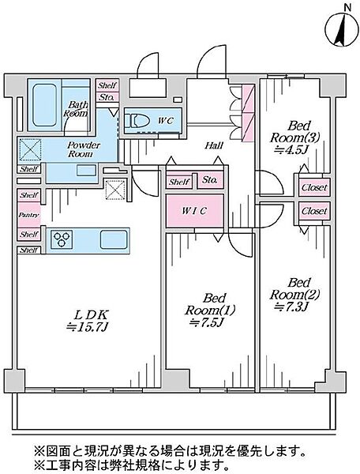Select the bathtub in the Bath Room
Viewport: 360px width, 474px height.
(x=44, y=105)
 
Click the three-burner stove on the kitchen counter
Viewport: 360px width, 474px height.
(x=62, y=239)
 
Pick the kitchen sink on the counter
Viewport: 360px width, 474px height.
(x=114, y=239)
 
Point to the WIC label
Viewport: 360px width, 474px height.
(x=194, y=211)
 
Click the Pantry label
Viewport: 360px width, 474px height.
(x=29, y=215)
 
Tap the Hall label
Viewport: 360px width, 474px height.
(x=214, y=145)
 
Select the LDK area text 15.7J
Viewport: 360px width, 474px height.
(x=88, y=327)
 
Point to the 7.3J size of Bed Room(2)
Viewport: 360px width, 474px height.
(x=291, y=307)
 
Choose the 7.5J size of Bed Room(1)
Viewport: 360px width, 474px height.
(x=206, y=322)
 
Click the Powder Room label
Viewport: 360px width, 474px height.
(x=84, y=149)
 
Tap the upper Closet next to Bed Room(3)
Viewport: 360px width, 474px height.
(x=314, y=187)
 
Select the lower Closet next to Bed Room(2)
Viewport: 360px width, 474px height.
(x=314, y=210)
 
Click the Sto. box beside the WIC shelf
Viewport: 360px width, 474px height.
(x=210, y=180)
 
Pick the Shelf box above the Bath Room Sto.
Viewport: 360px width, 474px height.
(x=107, y=85)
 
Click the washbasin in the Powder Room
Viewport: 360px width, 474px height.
(x=86, y=170)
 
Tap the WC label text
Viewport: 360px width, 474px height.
(x=166, y=120)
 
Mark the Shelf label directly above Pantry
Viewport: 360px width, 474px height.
(x=29, y=195)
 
